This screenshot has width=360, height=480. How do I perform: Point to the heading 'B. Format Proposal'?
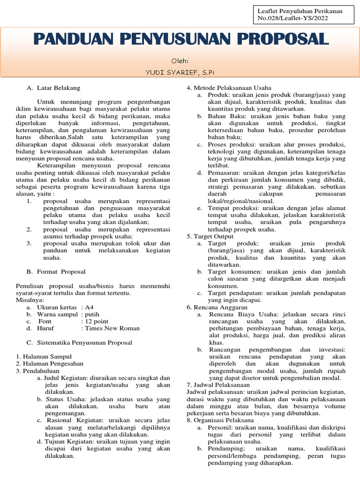pos(56,271)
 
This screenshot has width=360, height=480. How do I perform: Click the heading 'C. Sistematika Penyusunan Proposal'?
pos(79,343)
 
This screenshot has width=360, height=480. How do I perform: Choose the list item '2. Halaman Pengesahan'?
pos(49,364)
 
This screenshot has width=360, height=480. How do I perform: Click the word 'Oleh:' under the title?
pos(180,60)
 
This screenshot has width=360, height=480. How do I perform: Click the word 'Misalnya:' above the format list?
pos(30,300)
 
